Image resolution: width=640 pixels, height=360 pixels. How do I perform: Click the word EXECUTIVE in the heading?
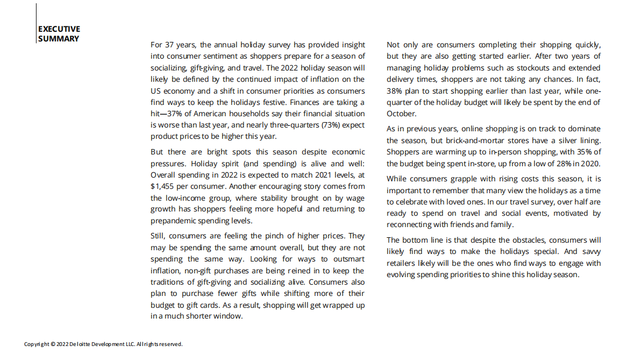[x=59, y=29]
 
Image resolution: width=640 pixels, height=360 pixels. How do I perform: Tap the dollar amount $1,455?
[x=163, y=186]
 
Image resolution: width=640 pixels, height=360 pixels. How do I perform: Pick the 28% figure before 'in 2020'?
[x=566, y=164]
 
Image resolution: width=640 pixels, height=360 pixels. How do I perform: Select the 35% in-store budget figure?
[x=584, y=152]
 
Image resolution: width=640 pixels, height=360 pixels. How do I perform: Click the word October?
[x=401, y=114]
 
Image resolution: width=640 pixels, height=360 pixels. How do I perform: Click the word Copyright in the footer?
[x=37, y=344]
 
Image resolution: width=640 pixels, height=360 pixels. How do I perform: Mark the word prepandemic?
[x=174, y=221]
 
